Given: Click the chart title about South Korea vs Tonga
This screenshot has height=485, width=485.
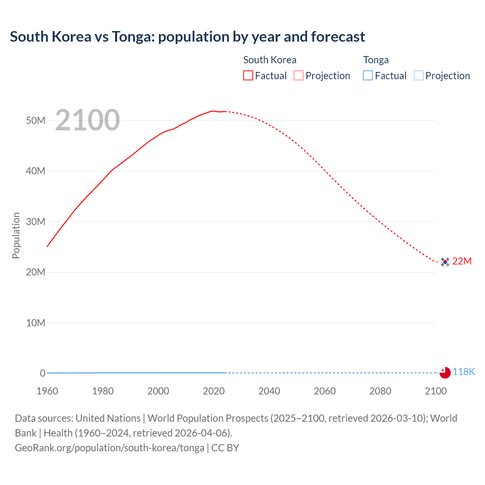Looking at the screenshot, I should pyautogui.click(x=187, y=37).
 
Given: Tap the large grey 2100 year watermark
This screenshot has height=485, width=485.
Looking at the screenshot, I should pyautogui.click(x=88, y=120).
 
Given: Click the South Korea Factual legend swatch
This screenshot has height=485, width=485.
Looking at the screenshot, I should pyautogui.click(x=248, y=75).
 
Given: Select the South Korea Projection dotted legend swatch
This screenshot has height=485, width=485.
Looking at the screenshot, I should pyautogui.click(x=299, y=75).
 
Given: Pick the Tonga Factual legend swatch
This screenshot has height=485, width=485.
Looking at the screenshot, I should pyautogui.click(x=368, y=75).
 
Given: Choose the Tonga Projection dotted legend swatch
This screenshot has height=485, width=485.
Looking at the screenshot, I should pyautogui.click(x=418, y=75).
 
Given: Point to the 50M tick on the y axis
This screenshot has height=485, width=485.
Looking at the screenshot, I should pyautogui.click(x=36, y=120).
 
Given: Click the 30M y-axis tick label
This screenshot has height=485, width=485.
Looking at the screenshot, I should pyautogui.click(x=36, y=222).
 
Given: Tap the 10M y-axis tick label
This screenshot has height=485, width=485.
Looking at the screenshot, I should pyautogui.click(x=36, y=323).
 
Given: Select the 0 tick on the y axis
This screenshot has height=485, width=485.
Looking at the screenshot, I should pyautogui.click(x=42, y=373).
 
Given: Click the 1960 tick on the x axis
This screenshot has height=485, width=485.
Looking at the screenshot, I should pyautogui.click(x=47, y=391).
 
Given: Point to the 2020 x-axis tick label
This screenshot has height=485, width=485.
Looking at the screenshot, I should pyautogui.click(x=214, y=391).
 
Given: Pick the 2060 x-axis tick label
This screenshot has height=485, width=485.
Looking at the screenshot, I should pyautogui.click(x=325, y=391).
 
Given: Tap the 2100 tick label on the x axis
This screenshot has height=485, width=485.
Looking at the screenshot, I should pyautogui.click(x=436, y=391).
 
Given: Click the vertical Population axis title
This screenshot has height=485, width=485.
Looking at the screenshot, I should pyautogui.click(x=16, y=235).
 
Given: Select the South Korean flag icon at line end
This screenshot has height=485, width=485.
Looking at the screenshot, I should pyautogui.click(x=445, y=261).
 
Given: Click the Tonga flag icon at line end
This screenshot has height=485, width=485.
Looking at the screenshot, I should pyautogui.click(x=445, y=372).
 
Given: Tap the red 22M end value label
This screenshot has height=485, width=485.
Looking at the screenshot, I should pyautogui.click(x=462, y=261).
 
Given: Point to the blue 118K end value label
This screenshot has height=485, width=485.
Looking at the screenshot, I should pyautogui.click(x=463, y=372).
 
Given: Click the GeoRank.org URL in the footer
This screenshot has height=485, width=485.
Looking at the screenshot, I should pyautogui.click(x=110, y=448).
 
